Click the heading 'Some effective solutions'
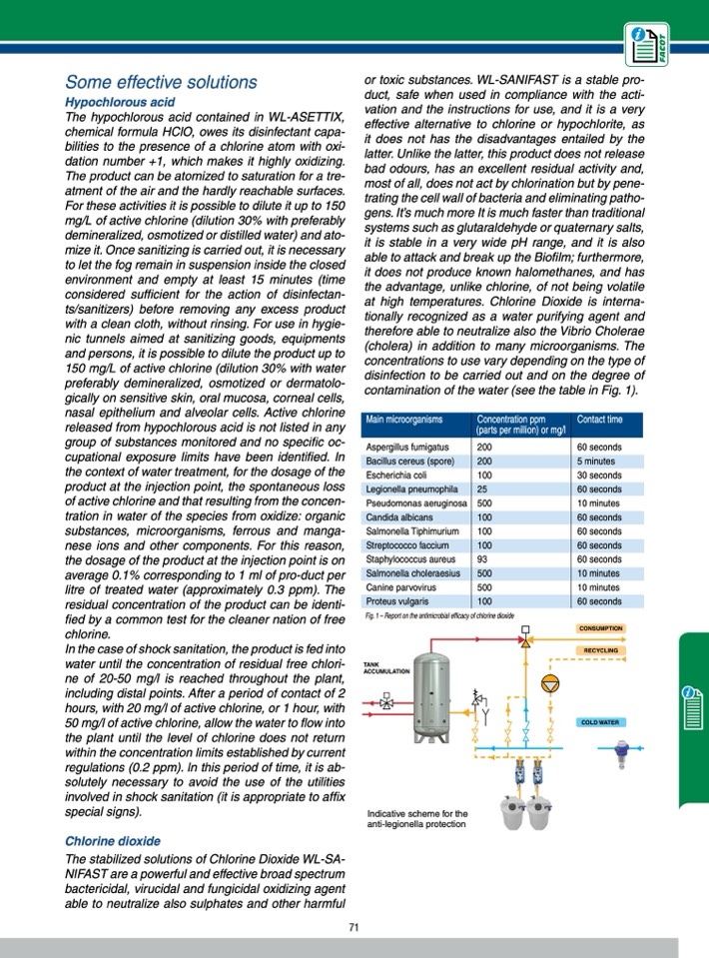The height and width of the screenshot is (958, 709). click(161, 82)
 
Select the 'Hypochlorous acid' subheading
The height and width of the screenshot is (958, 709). click(120, 102)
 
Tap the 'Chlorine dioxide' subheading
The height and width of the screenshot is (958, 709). click(112, 841)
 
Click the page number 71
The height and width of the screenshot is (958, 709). click(354, 928)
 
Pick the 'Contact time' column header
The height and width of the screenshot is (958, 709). click(599, 420)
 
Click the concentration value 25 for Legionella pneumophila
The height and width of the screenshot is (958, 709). click(482, 489)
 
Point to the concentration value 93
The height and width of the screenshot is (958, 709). click(483, 559)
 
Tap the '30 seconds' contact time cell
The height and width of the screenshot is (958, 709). click(599, 476)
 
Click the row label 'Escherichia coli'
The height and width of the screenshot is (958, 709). click(397, 476)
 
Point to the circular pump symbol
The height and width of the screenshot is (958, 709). click(549, 683)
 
